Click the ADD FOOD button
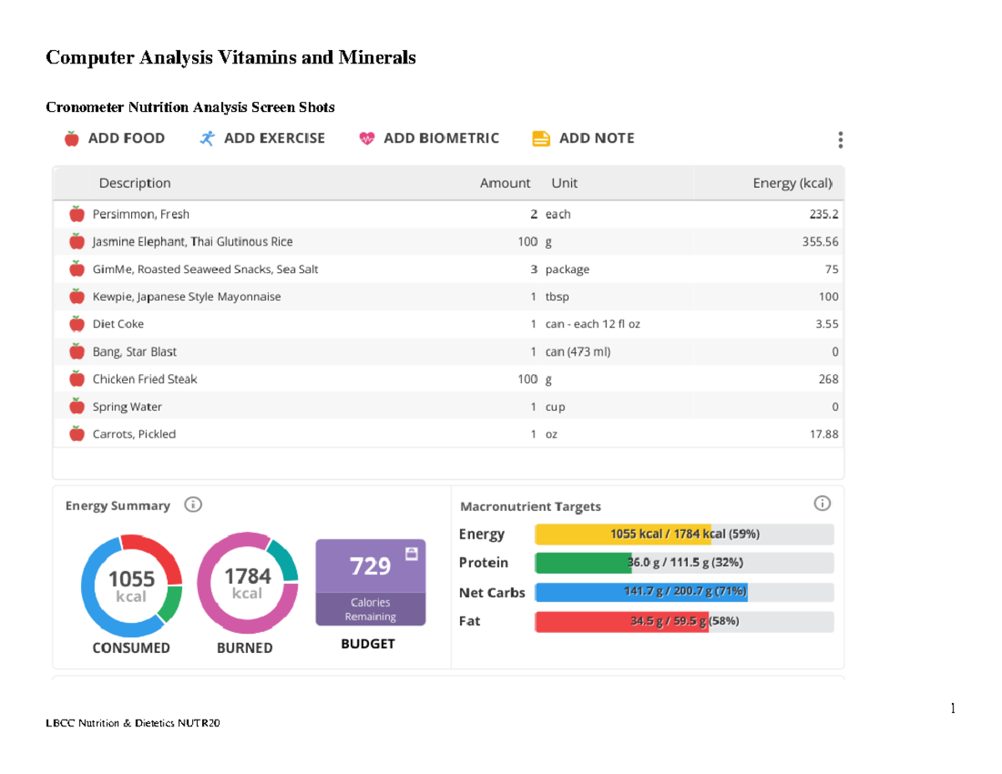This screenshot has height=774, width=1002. click(114, 139)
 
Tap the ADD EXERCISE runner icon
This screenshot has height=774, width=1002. click(207, 139)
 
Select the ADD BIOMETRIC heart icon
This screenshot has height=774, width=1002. click(367, 139)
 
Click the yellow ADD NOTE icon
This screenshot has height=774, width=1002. click(541, 139)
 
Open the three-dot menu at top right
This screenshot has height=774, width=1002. click(841, 139)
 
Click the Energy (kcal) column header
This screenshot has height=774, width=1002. click(792, 183)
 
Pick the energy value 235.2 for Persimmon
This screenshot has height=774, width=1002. click(823, 215)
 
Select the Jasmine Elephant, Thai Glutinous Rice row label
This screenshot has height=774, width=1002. click(192, 242)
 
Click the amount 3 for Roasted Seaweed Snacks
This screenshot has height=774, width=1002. click(534, 270)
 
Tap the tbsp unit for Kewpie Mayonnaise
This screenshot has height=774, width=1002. click(557, 297)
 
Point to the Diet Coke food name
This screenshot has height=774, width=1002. click(118, 324)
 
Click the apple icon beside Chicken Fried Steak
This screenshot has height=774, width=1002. click(77, 379)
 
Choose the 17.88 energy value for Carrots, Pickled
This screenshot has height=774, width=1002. click(822, 434)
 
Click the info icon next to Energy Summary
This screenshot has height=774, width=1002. click(193, 505)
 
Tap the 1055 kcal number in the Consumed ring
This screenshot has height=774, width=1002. click(131, 578)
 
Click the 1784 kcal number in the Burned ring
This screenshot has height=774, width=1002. click(247, 576)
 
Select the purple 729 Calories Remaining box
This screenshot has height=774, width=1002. click(370, 582)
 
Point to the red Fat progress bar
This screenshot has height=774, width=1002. click(621, 622)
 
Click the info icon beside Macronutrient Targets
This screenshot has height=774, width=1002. click(822, 503)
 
